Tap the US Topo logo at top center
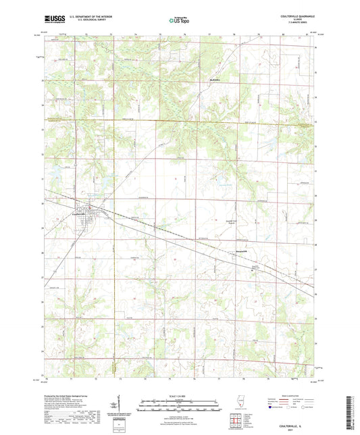(x=179, y=21)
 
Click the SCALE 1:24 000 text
(x=179, y=396)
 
